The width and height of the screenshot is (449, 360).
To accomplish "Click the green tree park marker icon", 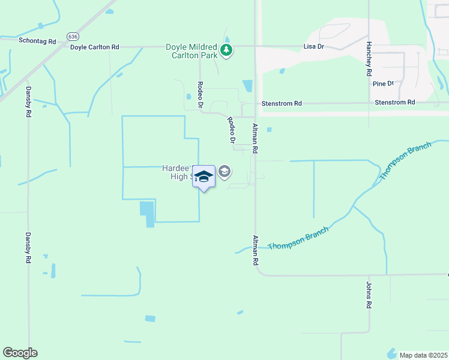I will click(x=226, y=50).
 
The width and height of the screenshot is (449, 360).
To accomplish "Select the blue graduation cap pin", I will click(x=204, y=176).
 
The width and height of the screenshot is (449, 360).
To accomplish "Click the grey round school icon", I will click(x=224, y=173).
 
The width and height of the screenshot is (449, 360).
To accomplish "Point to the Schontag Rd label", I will click(x=37, y=41).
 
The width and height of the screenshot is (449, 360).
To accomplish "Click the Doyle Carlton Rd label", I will click(x=95, y=47).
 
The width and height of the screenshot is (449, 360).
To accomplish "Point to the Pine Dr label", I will click(x=383, y=84).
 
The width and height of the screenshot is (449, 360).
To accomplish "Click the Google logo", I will click(x=20, y=353).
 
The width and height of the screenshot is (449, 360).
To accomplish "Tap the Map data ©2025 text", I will click(x=423, y=355).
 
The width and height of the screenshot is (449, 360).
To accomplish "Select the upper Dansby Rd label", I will click(x=28, y=101).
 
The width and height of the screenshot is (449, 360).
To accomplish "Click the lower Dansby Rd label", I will click(x=28, y=248).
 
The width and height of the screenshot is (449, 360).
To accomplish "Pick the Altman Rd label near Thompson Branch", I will click(x=256, y=251).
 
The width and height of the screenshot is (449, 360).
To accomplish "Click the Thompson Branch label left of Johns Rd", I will click(x=298, y=239).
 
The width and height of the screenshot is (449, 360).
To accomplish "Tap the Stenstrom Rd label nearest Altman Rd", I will click(x=282, y=104).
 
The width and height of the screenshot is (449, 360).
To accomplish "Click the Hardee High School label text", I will click(x=176, y=172).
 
